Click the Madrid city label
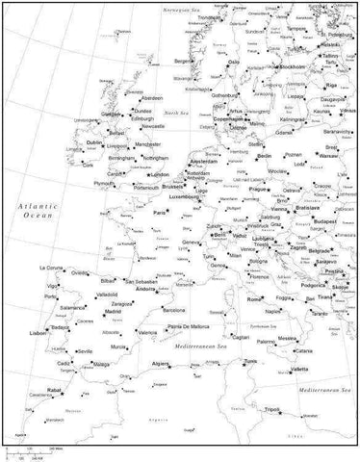[x=114, y=312]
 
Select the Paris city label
[x=161, y=212]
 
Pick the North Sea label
[x=176, y=114]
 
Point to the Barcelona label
[x=173, y=312]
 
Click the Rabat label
[x=56, y=390]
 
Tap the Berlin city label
[x=267, y=156]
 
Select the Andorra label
[x=147, y=289]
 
